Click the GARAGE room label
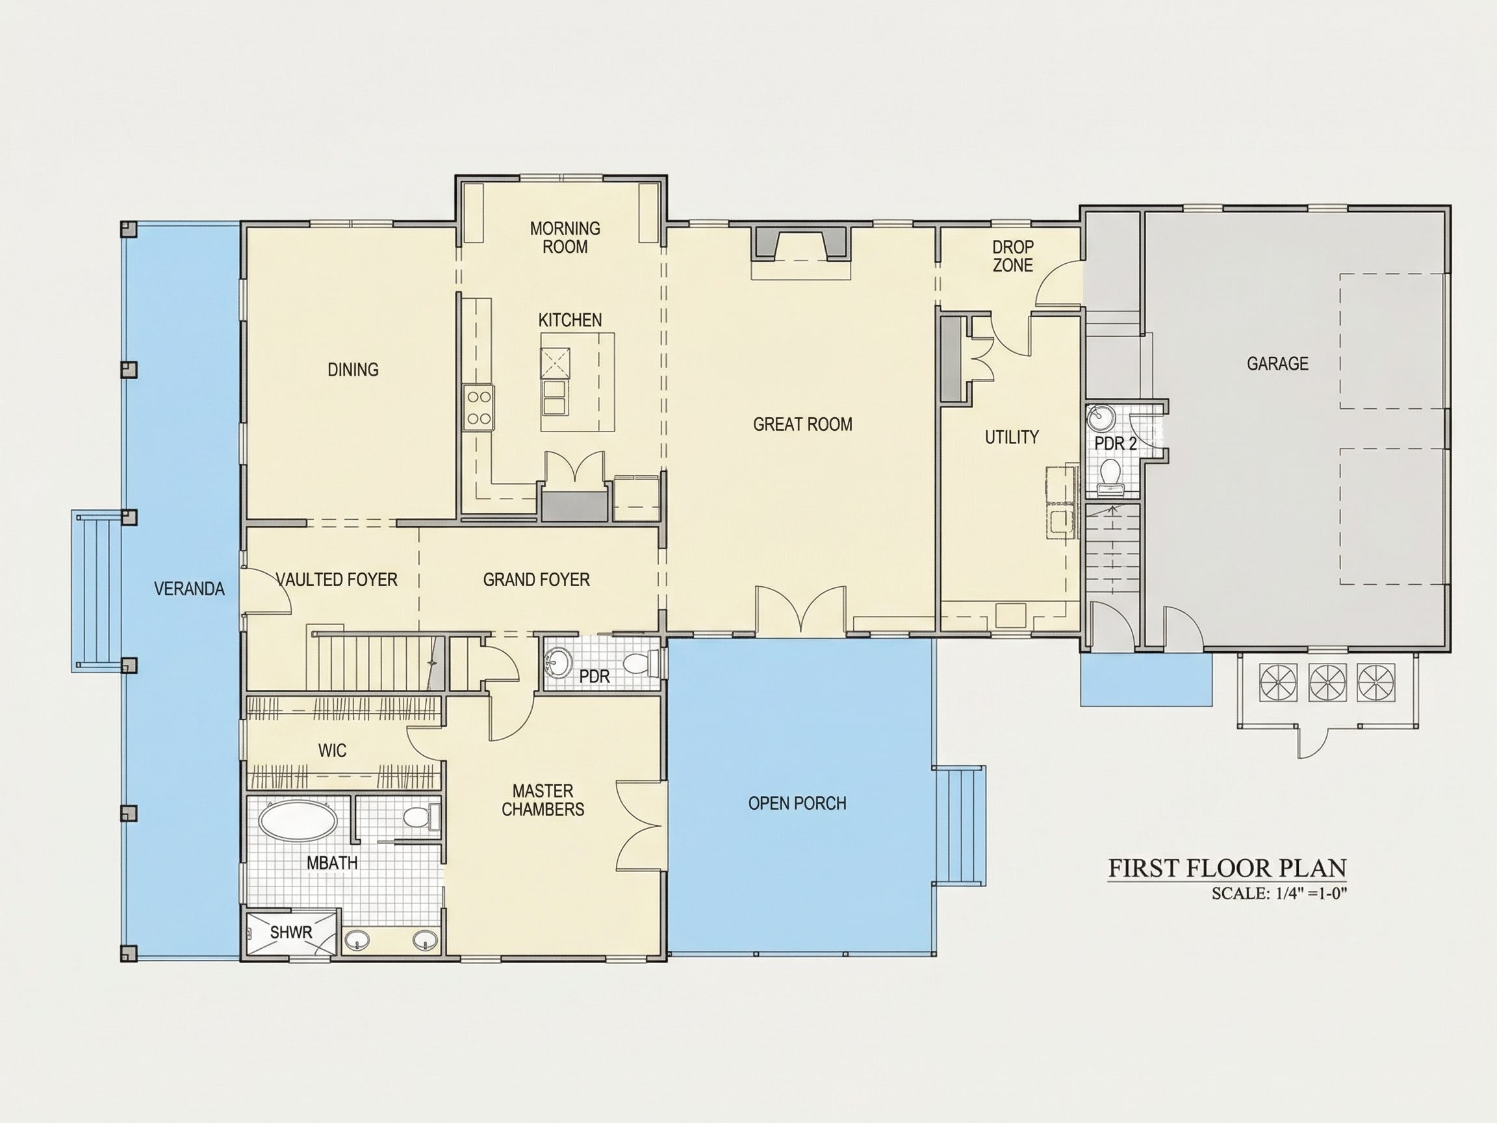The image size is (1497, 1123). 1277,363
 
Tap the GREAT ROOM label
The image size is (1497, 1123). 802,424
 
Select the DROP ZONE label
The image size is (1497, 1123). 1012,256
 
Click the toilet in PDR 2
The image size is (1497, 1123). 1110,474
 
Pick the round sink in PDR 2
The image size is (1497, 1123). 1101,419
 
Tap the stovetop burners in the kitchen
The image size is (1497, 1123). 478,407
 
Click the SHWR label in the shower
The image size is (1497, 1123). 291,932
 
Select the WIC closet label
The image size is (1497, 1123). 332,750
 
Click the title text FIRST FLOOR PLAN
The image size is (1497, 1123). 1227,868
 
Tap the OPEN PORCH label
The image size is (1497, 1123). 797,803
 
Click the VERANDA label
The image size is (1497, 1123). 190,589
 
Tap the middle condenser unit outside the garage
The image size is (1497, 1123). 1328,682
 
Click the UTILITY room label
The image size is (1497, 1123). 1012,437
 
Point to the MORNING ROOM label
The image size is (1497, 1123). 565,238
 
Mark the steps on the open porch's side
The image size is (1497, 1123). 960,825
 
